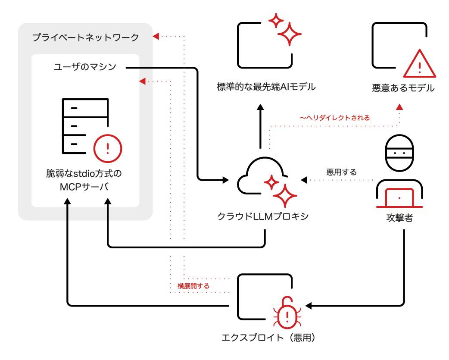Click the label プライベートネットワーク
pyautogui.click(x=85, y=38)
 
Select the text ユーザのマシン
pyautogui.click(x=85, y=67)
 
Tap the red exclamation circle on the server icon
pyautogui.click(x=108, y=148)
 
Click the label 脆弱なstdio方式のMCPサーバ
pyautogui.click(x=84, y=180)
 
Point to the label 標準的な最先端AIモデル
pyautogui.click(x=266, y=87)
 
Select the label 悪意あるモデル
pyautogui.click(x=403, y=88)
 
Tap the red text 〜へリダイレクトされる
pyautogui.click(x=335, y=118)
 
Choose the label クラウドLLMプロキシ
pyautogui.click(x=263, y=216)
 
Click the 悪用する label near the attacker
pyautogui.click(x=341, y=172)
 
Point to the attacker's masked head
pyautogui.click(x=399, y=153)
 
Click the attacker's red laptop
pyautogui.click(x=399, y=198)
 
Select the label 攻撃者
pyautogui.click(x=399, y=218)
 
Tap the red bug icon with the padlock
pyautogui.click(x=287, y=313)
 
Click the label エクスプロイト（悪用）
pyautogui.click(x=268, y=338)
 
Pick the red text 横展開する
pyautogui.click(x=193, y=286)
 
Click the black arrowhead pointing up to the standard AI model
pyautogui.click(x=260, y=108)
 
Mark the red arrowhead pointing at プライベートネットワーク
pyautogui.click(x=156, y=36)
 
